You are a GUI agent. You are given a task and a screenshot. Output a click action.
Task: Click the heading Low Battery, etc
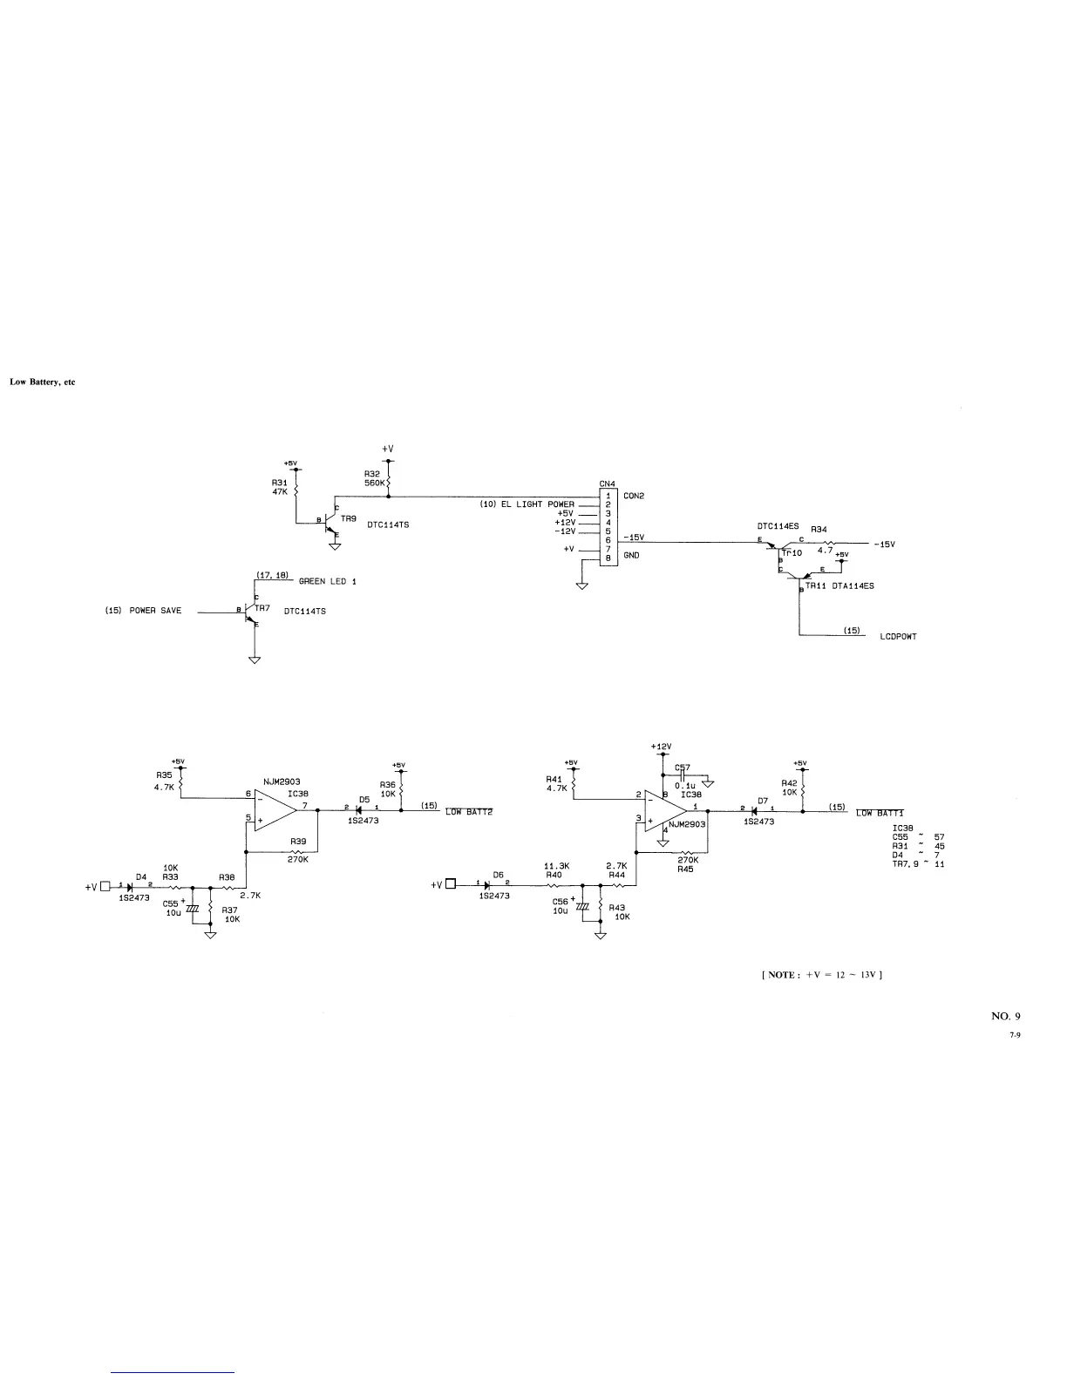43,382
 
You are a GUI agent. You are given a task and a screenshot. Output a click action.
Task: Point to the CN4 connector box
608,528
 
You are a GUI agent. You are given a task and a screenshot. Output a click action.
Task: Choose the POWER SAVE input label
155,611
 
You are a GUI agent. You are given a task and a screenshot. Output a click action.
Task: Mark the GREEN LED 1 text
328,582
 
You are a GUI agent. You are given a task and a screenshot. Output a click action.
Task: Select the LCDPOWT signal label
898,636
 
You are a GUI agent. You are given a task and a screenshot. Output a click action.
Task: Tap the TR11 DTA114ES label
839,586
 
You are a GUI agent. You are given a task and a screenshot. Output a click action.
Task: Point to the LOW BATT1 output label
880,813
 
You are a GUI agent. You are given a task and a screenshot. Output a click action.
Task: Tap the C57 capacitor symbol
683,775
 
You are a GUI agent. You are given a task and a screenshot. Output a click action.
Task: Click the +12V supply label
661,747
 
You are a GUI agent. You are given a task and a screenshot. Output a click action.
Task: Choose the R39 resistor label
298,842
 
